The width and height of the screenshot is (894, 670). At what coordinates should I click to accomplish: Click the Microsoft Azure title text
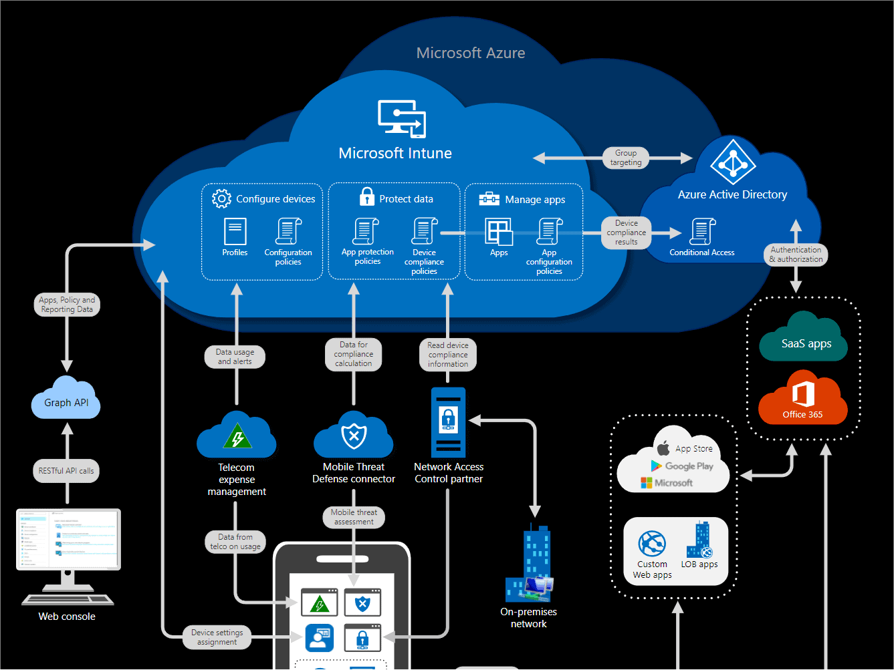pos(470,53)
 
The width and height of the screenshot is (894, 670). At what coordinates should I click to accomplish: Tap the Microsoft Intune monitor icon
pos(401,119)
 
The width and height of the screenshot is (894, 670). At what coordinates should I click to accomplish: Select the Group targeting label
pos(626,158)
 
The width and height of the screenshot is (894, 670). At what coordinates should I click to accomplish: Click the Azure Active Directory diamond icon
pos(733,162)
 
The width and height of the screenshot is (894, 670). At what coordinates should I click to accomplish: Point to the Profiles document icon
pos(235,232)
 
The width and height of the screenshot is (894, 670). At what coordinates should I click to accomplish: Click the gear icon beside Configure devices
pos(221,198)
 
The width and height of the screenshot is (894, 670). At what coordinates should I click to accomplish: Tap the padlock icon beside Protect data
pos(367,196)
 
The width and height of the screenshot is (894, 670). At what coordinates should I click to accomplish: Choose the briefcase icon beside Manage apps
pos(489,198)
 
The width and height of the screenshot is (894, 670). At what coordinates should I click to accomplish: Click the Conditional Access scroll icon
pos(703,232)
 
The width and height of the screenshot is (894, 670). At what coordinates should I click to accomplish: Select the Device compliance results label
pos(627,232)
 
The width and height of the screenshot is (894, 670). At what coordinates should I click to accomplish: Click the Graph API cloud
pos(66,400)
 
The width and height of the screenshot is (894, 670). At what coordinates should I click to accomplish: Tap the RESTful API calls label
pos(66,471)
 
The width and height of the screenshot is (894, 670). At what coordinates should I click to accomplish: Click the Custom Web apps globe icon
pos(652,544)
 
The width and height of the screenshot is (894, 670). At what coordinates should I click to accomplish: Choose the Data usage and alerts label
pos(235,357)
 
